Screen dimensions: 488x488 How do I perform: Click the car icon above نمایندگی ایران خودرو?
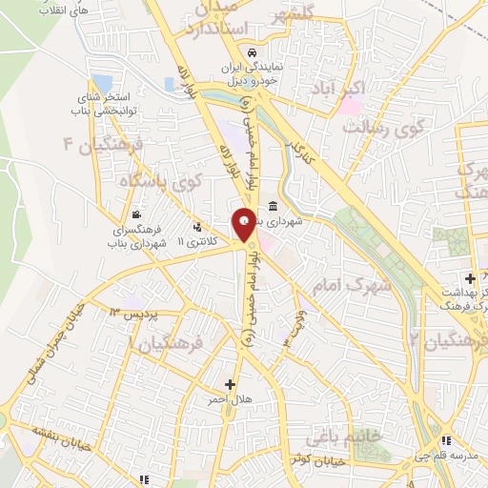tap(251, 52)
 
